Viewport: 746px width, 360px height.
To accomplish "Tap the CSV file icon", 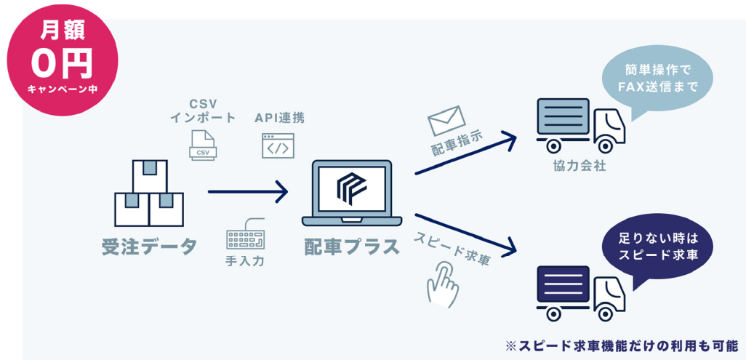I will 202,145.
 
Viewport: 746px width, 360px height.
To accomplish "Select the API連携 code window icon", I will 278,145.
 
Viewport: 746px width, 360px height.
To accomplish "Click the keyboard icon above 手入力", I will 245,233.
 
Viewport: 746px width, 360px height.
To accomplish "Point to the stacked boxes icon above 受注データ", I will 150,193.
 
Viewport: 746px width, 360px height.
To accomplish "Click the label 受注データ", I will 149,247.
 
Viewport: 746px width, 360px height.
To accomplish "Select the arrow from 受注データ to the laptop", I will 247,192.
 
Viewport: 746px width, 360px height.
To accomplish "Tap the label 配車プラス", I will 352,247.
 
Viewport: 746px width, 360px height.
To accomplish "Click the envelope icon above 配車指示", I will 446,119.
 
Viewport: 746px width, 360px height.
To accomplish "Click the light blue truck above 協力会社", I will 579,124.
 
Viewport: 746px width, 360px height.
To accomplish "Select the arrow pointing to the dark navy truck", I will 465,233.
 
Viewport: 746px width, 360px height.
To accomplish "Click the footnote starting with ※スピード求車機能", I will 621,345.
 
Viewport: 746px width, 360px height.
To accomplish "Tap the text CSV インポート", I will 203,111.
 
